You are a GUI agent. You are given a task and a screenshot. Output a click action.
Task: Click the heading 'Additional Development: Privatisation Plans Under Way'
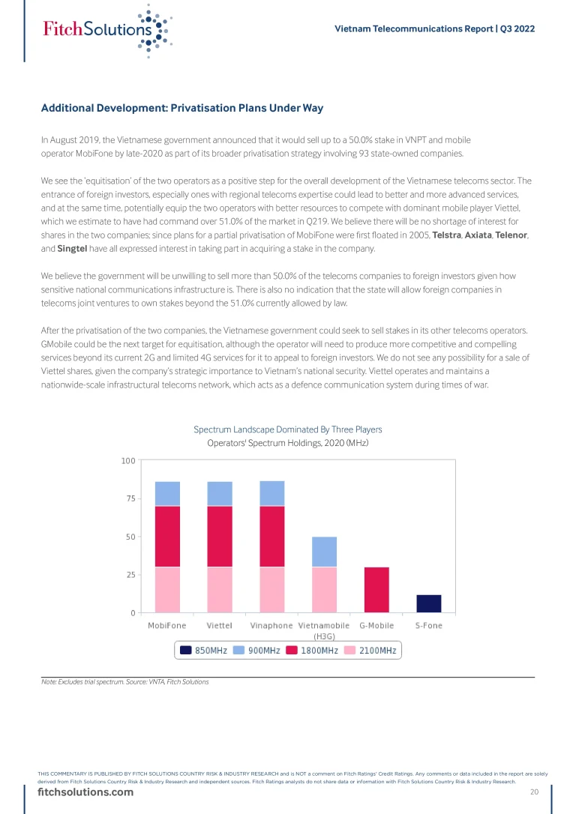point(182,108)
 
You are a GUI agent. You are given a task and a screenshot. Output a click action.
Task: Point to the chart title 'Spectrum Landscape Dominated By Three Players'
point(288,429)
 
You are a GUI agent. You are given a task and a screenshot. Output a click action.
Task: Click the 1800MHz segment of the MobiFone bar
point(167,536)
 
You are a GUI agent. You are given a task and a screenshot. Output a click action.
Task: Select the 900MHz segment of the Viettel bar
point(220,493)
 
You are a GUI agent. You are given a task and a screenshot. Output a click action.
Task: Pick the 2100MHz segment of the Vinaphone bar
point(272,589)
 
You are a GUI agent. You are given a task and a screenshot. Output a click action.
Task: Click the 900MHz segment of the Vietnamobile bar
point(325,552)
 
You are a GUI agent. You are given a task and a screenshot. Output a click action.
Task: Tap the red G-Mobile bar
point(376,589)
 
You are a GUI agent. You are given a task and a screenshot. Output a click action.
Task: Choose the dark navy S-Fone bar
point(429,603)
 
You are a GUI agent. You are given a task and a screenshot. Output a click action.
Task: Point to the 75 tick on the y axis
point(130,498)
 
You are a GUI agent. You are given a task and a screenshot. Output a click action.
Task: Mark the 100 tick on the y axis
point(127,460)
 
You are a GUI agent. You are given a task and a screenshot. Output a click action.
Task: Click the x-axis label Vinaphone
point(271,625)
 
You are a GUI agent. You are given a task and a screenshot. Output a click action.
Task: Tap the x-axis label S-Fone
point(429,625)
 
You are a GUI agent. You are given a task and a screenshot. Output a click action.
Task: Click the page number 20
point(535,793)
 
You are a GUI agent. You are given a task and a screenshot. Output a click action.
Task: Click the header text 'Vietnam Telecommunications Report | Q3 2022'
point(434,28)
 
